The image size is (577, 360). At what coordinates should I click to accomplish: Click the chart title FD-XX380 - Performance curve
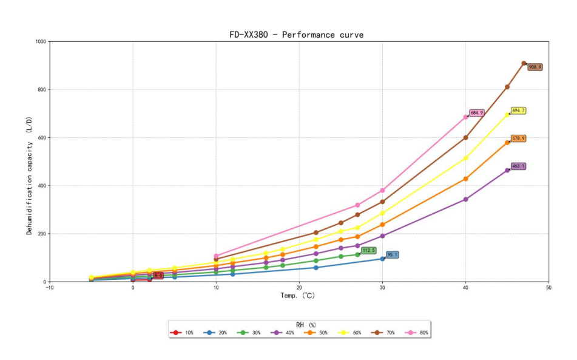(296, 35)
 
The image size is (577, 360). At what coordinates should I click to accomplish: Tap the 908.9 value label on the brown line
(535, 67)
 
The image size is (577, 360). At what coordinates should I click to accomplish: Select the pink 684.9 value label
(477, 113)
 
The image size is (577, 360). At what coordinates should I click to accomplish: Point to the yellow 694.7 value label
(518, 111)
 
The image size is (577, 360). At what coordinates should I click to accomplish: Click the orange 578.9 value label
(518, 139)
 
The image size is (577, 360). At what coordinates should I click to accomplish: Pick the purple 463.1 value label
(518, 166)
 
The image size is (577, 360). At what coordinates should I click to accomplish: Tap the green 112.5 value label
(368, 251)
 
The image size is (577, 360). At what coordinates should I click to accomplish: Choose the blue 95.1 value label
(393, 255)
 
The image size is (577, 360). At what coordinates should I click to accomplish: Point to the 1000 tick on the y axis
(41, 42)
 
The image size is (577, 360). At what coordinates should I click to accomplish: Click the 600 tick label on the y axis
(42, 138)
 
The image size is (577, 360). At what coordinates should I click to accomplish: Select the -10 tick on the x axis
(50, 288)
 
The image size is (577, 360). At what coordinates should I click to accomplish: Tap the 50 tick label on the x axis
(548, 288)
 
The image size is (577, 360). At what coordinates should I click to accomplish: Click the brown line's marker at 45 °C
(507, 87)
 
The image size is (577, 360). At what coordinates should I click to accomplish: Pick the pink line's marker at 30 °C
(382, 191)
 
